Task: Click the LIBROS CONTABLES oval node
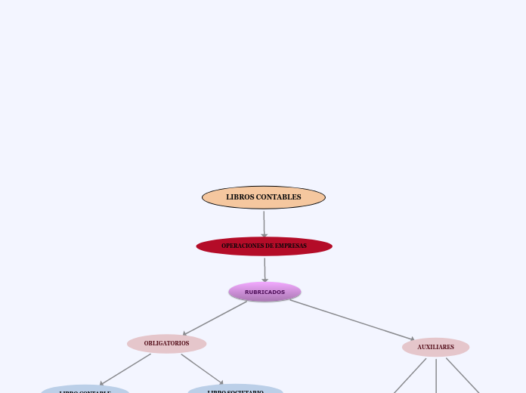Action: coord(263,197)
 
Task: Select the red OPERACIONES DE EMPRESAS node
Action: coord(264,246)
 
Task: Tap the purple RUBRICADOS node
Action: coord(265,292)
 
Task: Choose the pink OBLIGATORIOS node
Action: coord(166,344)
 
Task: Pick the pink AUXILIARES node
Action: coord(435,347)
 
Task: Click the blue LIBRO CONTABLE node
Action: coord(85,390)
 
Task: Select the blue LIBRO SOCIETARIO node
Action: coord(235,390)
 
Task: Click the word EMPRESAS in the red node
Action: coord(290,246)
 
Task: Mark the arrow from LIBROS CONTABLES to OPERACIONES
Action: coord(264,223)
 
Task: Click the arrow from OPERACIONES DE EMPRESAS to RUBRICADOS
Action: coord(265,269)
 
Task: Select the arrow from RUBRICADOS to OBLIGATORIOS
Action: coord(215,317)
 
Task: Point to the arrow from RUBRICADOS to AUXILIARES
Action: coord(351,320)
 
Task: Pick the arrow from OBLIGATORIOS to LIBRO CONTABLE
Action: coord(125,369)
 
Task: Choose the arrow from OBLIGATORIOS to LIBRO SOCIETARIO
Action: coord(202,369)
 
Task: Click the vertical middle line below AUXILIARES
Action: coord(436,376)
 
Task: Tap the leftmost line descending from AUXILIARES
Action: coord(410,376)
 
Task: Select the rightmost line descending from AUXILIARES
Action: coord(462,376)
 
